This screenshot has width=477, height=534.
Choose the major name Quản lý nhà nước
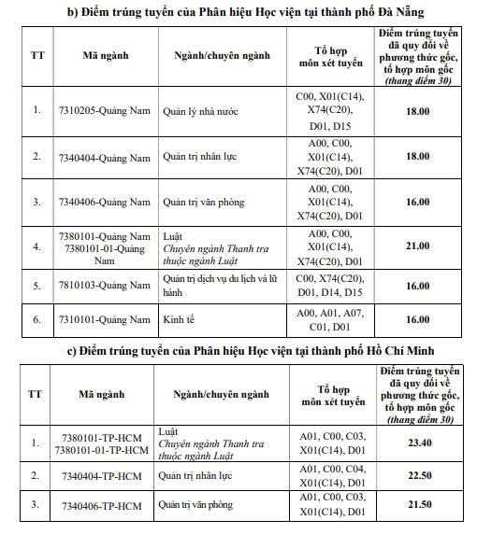pos(200,111)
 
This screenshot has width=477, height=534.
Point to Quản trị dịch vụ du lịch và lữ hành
pos(221,285)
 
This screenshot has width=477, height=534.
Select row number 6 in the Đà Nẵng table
pos(37,319)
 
